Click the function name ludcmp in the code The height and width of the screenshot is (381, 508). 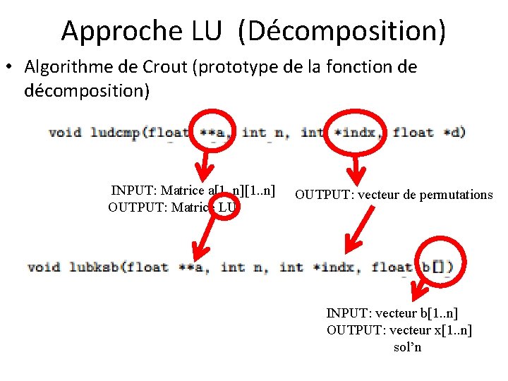(x=115, y=132)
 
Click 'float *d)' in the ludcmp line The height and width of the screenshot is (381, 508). (x=429, y=132)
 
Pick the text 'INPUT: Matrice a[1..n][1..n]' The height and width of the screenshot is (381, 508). (x=193, y=190)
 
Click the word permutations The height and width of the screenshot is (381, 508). (x=456, y=195)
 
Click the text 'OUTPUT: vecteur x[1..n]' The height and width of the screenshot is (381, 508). (x=399, y=330)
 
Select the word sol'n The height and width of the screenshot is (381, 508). (x=407, y=347)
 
